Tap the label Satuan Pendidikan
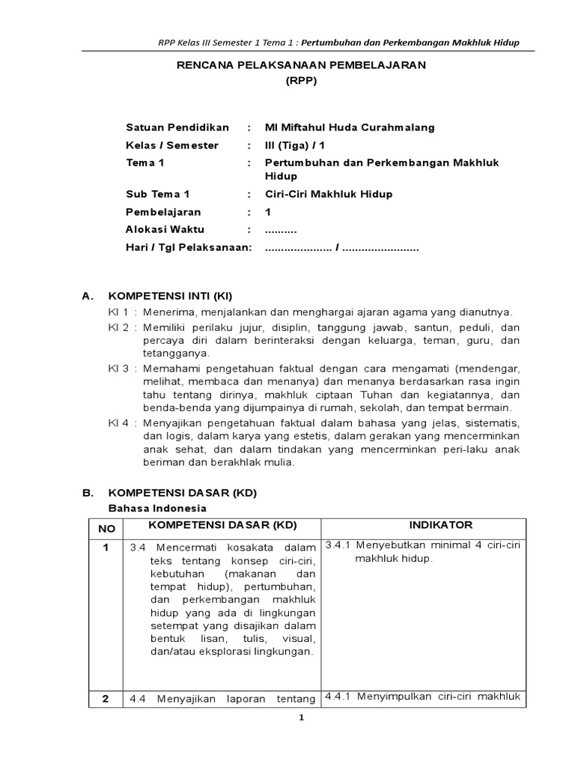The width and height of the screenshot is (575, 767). (x=177, y=127)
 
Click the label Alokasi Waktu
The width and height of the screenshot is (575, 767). (x=165, y=230)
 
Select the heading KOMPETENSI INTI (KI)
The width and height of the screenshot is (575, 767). (x=171, y=296)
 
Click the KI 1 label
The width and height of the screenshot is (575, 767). (x=118, y=312)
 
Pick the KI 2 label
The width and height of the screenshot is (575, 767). (x=118, y=328)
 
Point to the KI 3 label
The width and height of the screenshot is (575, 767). (x=118, y=369)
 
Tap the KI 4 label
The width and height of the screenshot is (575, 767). (x=118, y=423)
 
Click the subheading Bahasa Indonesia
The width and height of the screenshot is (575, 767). (x=155, y=509)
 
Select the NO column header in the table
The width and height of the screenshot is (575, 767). (x=106, y=529)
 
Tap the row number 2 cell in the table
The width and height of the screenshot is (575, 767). (x=106, y=699)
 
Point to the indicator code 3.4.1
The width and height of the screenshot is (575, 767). (x=340, y=545)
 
